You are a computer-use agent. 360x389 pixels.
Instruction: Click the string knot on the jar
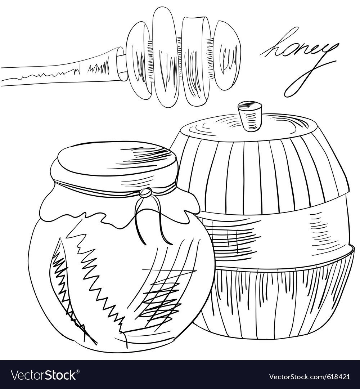(145, 193)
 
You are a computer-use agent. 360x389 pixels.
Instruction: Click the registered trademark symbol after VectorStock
(78, 371)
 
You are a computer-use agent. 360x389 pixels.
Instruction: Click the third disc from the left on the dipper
(196, 61)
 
